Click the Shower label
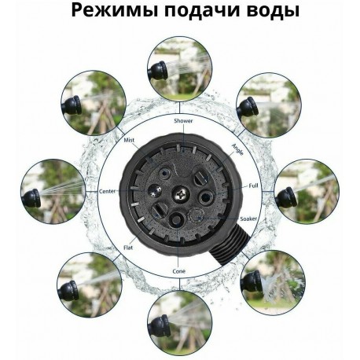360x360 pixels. click(180, 121)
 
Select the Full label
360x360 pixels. click(253, 186)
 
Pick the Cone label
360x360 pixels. click(180, 271)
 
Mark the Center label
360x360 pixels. click(107, 191)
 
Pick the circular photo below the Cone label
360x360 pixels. click(180, 318)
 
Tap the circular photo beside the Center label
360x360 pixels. click(53, 191)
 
